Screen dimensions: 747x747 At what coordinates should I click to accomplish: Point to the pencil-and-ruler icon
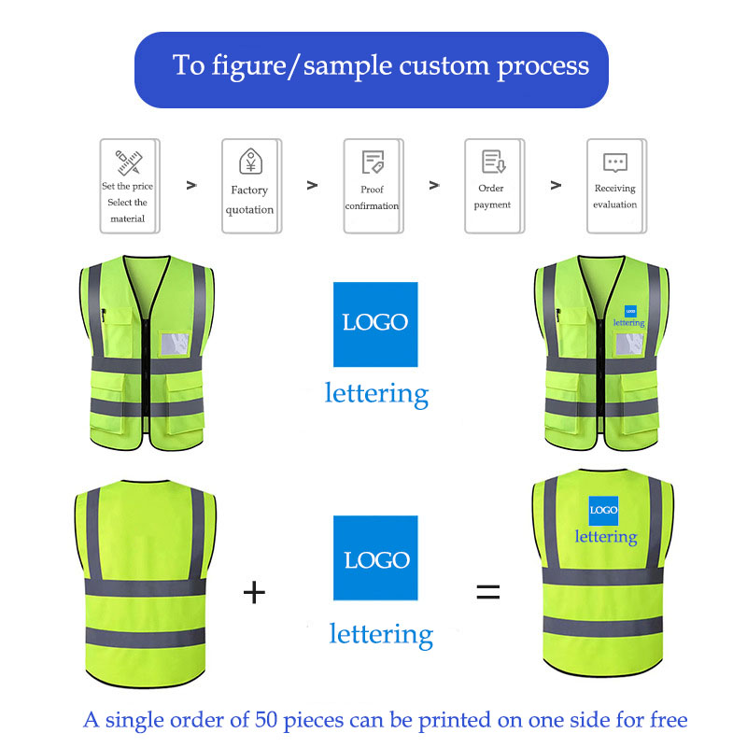[x=128, y=162]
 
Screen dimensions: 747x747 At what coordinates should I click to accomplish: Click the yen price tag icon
[x=249, y=162]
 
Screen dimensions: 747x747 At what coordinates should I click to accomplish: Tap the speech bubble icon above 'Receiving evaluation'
[x=614, y=162]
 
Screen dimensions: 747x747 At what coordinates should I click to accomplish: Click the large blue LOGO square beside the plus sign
[x=376, y=558]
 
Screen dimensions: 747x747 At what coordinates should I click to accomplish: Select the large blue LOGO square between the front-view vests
[x=375, y=323]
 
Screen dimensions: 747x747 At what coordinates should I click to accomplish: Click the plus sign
[x=254, y=591]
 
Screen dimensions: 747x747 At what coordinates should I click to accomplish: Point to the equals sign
[x=488, y=591]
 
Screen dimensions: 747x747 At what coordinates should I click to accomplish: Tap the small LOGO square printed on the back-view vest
[x=603, y=510]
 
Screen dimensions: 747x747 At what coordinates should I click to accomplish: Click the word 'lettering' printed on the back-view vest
[x=606, y=537]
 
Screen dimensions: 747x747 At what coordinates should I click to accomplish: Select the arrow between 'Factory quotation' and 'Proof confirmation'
[x=312, y=185]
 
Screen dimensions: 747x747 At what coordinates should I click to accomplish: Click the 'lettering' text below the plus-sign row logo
[x=381, y=635]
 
